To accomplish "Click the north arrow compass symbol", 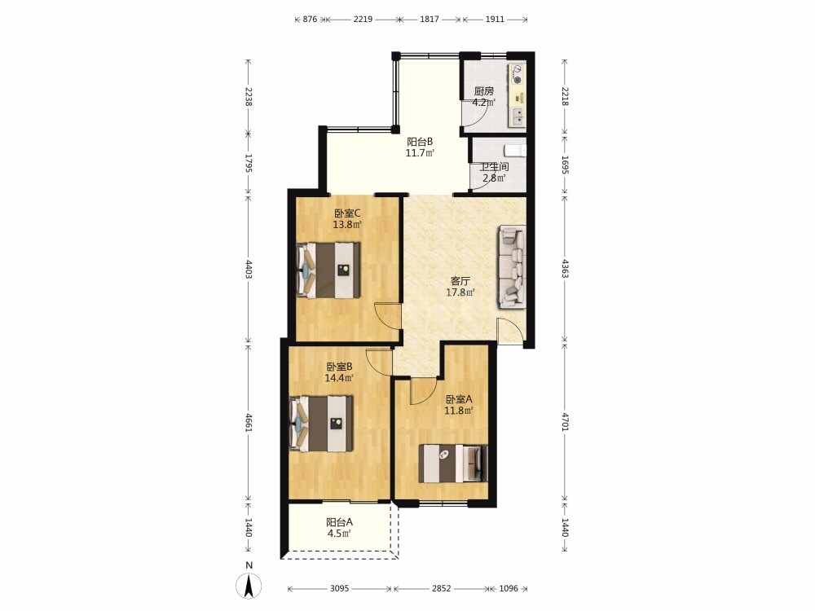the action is coord(249,586).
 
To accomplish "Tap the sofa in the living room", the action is coord(513,267).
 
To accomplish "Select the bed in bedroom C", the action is coord(328,270).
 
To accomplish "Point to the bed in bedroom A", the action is coord(453,464).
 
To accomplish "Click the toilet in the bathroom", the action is coord(517,151).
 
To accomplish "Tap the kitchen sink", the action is coord(518,116).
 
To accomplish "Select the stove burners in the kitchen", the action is coord(518,73).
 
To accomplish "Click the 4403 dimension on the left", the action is coord(248,269).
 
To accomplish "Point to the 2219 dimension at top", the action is coord(363,20).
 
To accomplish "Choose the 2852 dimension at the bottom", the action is coord(441,589).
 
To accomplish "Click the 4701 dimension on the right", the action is coord(565,421).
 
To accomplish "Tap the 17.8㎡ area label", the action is coord(460,292).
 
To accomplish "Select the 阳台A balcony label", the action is coord(340,522).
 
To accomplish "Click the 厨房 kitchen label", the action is coord(484,91).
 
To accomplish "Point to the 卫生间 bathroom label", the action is coord(494,167).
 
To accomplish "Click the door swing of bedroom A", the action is coord(422,392).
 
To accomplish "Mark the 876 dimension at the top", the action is coord(310,20).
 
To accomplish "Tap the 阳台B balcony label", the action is coord(420,141).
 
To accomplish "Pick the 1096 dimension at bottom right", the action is coord(509,589).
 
